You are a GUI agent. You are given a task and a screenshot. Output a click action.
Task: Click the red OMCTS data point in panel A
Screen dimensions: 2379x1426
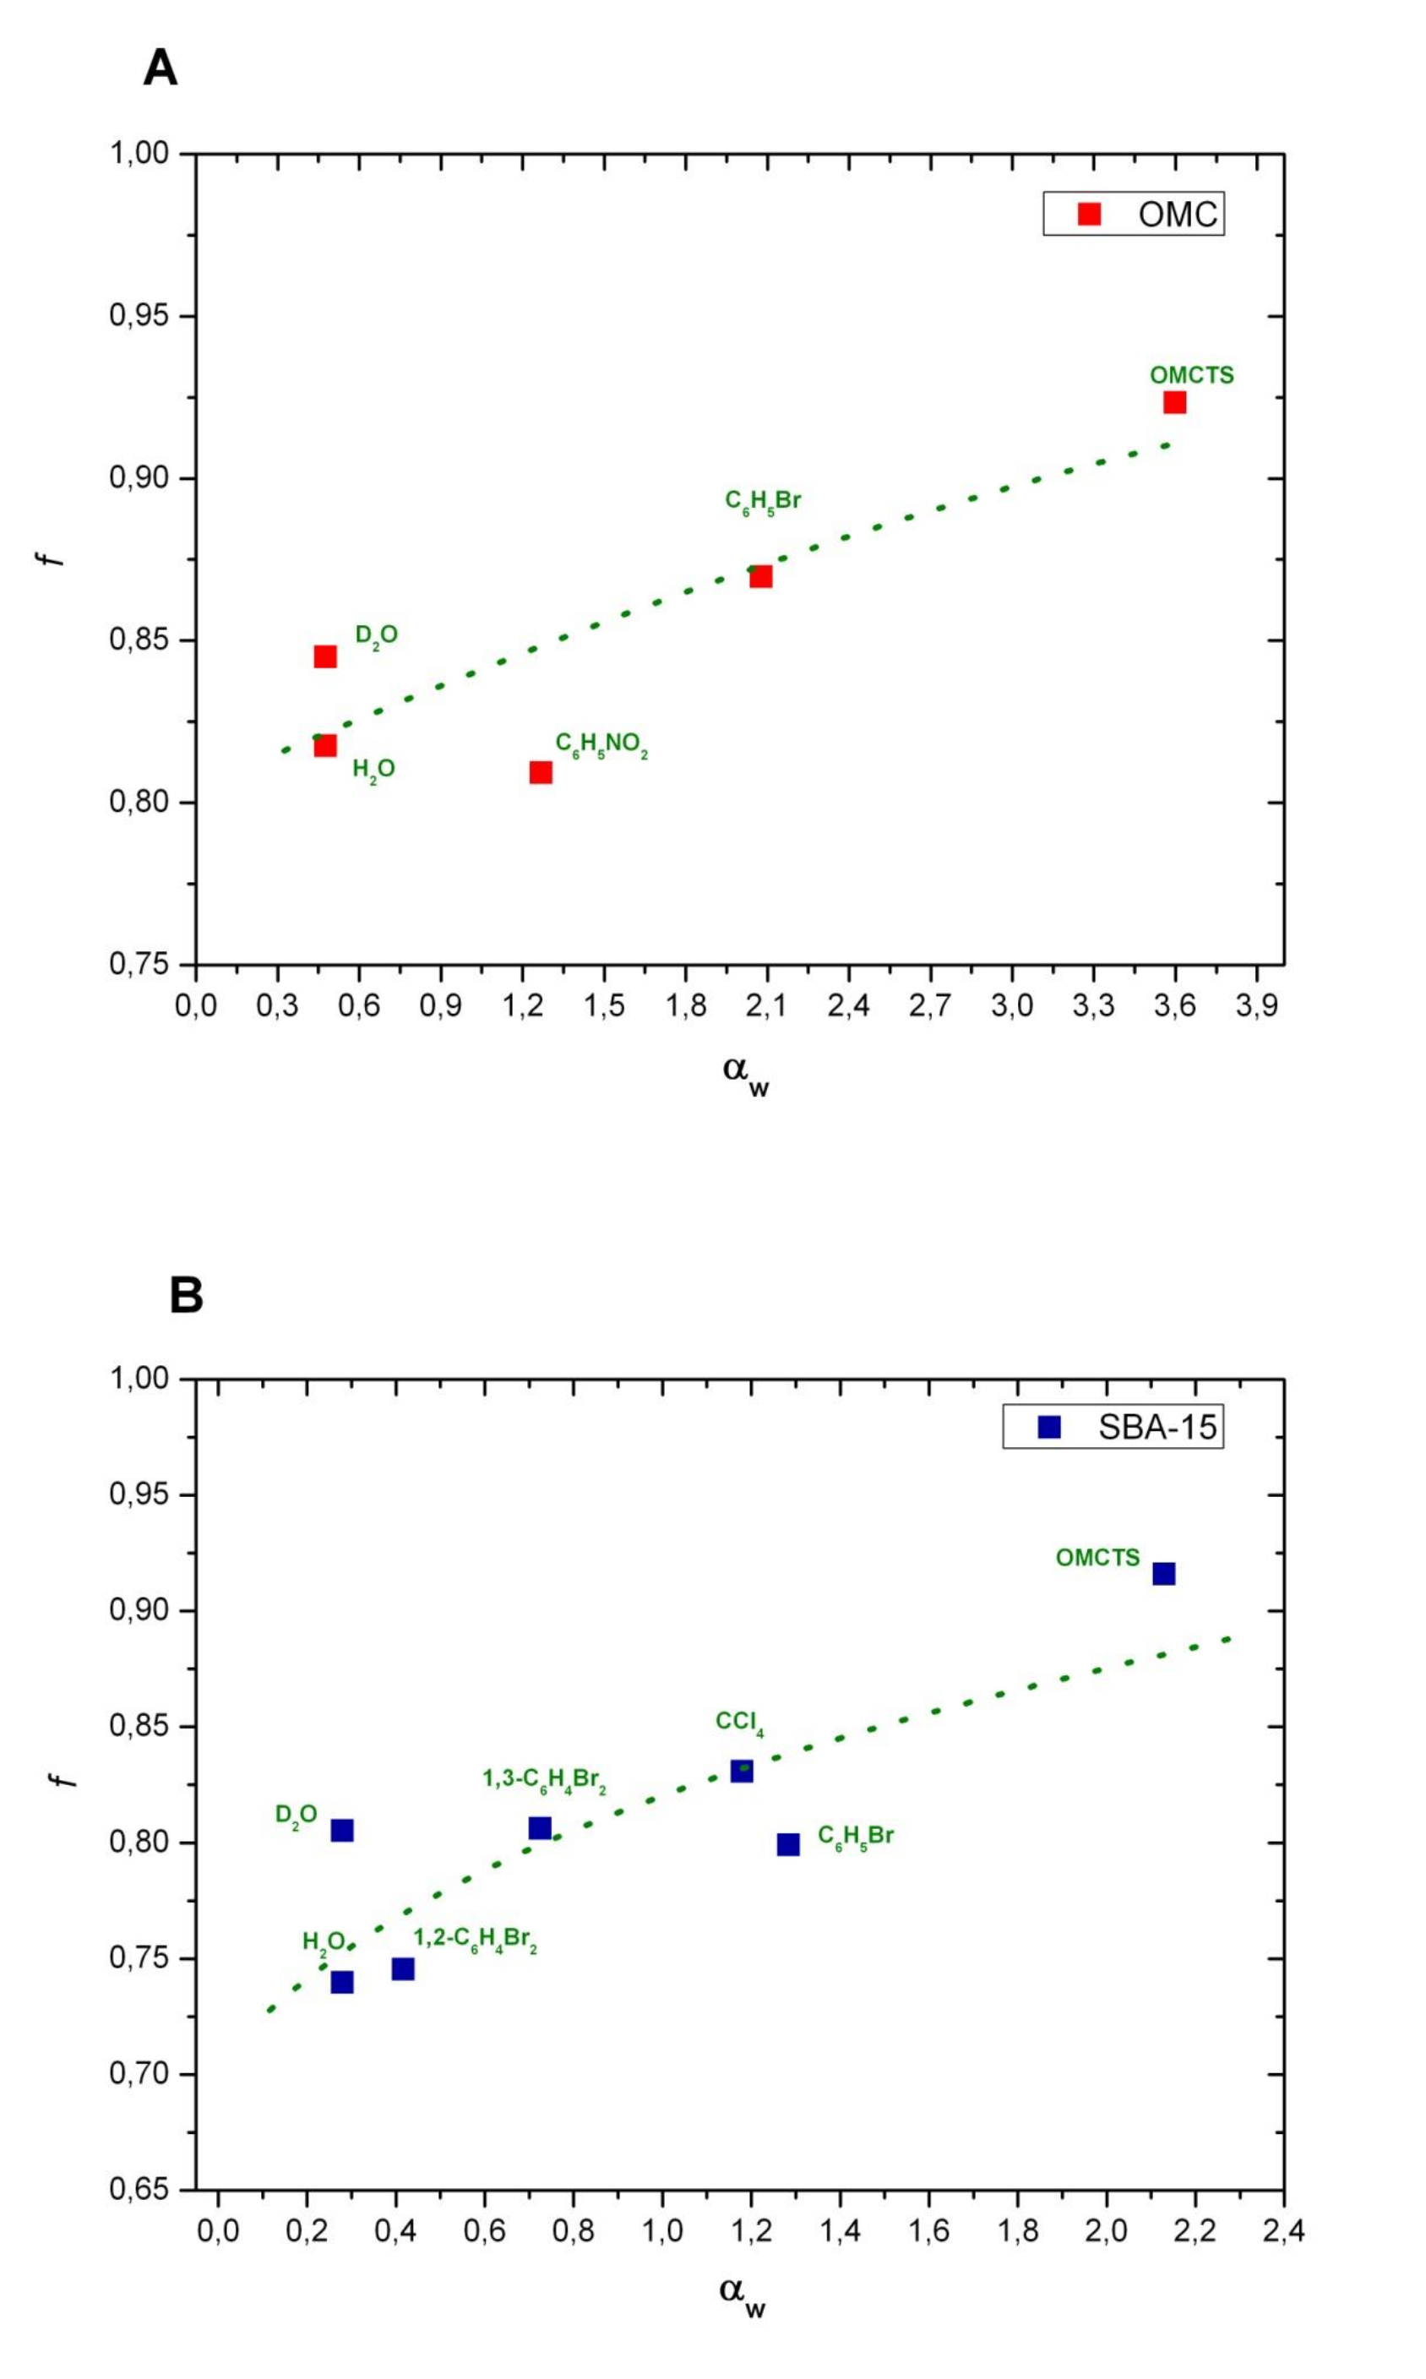point(1173,401)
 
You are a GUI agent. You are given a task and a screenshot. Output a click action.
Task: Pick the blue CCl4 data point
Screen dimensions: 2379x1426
point(741,1771)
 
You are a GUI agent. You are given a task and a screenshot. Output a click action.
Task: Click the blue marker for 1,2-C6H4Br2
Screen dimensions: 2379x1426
point(403,1968)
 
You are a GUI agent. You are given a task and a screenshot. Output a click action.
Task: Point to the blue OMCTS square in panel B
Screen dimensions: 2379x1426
point(1163,1573)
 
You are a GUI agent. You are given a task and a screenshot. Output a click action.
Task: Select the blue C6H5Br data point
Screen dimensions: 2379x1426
point(788,1844)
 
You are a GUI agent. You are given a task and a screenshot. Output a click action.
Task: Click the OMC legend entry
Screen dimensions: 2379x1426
point(1134,213)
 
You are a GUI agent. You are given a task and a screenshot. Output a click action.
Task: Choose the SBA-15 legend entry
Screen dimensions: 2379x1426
point(1113,1427)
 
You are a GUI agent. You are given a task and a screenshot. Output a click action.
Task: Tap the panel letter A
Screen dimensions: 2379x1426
point(160,68)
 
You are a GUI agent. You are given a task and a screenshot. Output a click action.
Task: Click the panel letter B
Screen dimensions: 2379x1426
point(186,1295)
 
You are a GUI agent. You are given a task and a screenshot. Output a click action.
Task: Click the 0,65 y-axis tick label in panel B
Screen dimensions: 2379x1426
point(139,2190)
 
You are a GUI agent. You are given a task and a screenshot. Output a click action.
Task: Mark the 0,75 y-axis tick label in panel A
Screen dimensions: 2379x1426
point(139,964)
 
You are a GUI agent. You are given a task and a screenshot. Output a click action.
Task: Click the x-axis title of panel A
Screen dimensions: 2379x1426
point(745,1071)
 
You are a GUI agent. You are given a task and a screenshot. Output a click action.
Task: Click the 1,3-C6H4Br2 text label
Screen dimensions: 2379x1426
point(544,1779)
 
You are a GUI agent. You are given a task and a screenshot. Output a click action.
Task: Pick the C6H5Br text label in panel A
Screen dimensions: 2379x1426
point(762,502)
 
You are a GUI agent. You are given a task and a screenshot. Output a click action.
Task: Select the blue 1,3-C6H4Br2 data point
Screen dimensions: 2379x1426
point(540,1827)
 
